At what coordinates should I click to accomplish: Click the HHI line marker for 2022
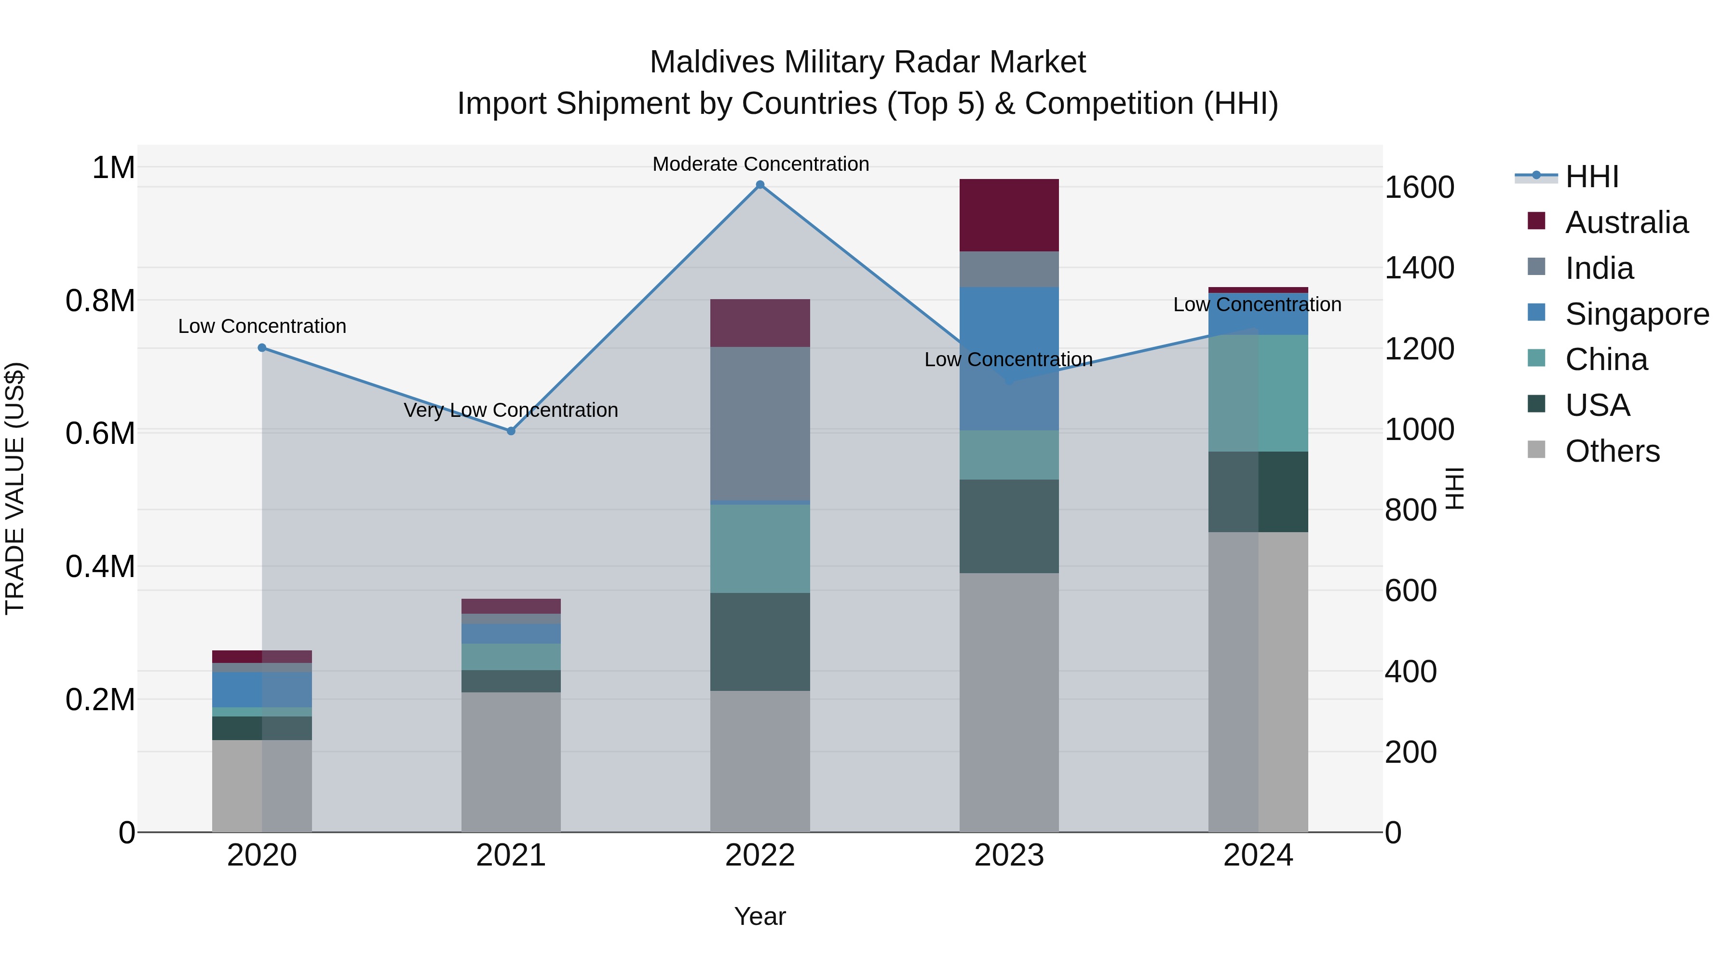tap(759, 185)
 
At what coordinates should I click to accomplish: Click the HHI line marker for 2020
tap(262, 348)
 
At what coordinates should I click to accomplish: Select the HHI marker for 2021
tap(511, 431)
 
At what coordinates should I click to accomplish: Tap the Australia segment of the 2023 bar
tap(1009, 215)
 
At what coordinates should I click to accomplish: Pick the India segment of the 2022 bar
tap(759, 424)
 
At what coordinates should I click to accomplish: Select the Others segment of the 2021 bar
tap(511, 762)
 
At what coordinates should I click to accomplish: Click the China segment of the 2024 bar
tap(1258, 393)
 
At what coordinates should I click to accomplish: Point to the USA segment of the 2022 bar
tap(759, 641)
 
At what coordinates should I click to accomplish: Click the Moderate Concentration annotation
tap(760, 164)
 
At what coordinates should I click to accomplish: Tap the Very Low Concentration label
tap(511, 410)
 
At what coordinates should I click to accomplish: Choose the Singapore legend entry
tap(1636, 314)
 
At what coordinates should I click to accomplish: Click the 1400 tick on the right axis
tap(1419, 268)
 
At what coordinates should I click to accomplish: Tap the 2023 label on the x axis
tap(1009, 855)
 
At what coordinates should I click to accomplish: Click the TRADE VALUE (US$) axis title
tap(15, 488)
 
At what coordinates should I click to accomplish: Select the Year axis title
tap(759, 916)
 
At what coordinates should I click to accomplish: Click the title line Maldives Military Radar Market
tap(868, 62)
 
